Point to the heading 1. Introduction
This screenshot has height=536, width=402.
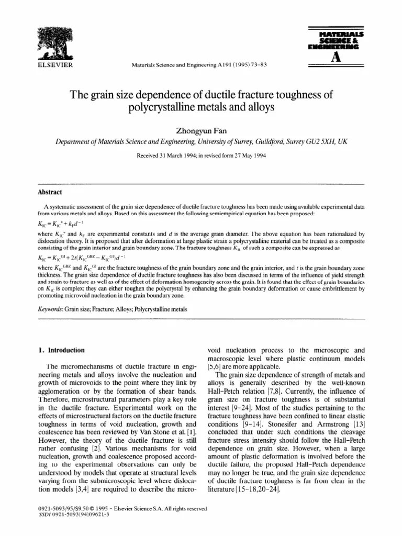(63, 350)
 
